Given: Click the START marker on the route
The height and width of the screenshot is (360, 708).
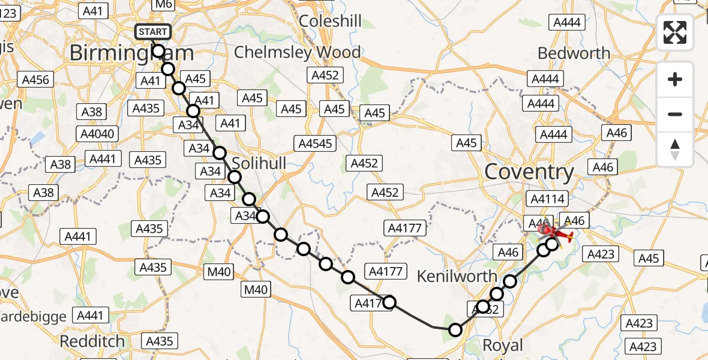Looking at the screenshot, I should [154, 32].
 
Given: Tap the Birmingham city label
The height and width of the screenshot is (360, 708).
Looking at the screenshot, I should [131, 53].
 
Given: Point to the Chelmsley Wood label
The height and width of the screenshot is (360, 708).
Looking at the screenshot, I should [297, 52].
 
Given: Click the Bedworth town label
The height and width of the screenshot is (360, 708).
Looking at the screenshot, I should [574, 53].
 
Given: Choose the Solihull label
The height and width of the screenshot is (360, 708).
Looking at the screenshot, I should [259, 164].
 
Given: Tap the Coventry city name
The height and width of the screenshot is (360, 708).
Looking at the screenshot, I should [529, 172].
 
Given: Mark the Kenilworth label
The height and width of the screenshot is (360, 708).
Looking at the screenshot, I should [457, 277].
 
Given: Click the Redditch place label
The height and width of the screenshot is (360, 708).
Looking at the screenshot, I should [92, 341].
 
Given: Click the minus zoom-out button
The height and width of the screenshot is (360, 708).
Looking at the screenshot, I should [675, 114].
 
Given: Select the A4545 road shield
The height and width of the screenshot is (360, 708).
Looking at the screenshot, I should [315, 143].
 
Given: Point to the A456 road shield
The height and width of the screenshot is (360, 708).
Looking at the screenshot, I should [36, 80].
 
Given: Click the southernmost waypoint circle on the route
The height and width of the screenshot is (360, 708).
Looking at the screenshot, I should [455, 329].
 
